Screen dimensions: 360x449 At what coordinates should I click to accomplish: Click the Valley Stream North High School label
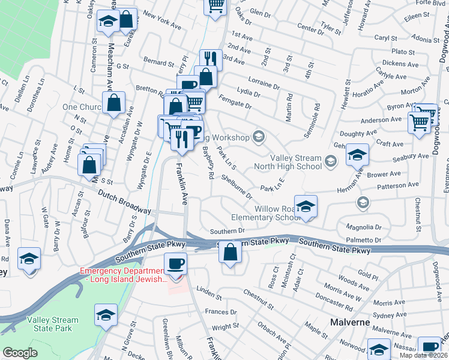click(296, 162)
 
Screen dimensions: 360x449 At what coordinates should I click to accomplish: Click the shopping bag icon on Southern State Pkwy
click(230, 253)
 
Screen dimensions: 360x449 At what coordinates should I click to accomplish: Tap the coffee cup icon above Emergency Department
click(175, 264)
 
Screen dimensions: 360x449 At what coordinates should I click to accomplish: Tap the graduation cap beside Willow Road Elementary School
click(306, 207)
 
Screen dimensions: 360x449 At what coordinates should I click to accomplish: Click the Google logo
click(20, 352)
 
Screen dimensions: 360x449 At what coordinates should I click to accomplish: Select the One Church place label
click(82, 107)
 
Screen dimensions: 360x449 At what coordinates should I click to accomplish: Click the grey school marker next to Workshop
click(259, 136)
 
